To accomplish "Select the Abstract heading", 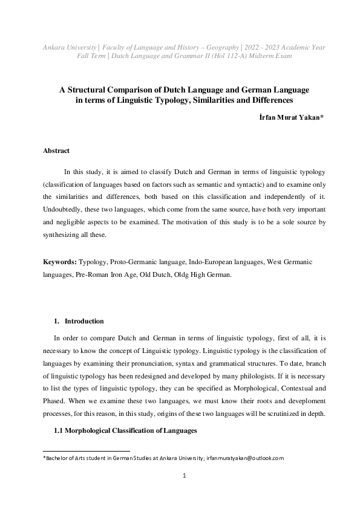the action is tap(56, 150).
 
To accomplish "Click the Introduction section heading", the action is tap(84, 321).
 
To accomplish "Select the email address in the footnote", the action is tap(244, 458).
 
